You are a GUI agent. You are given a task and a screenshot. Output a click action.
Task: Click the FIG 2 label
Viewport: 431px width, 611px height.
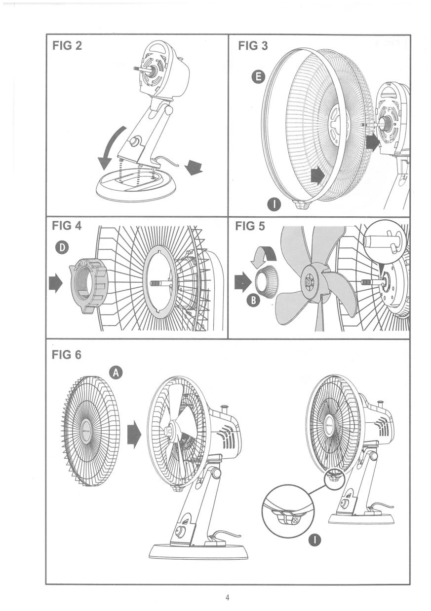click(x=67, y=46)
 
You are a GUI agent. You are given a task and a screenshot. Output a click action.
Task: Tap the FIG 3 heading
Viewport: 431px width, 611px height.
click(x=253, y=46)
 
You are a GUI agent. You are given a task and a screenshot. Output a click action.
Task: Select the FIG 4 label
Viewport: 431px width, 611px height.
click(x=67, y=226)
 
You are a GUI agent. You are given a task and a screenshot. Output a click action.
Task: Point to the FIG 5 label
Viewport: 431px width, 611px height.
click(x=250, y=226)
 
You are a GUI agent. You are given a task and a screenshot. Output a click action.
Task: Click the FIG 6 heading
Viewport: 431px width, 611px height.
click(x=67, y=354)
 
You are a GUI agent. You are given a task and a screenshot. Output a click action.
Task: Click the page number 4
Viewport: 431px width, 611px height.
click(x=227, y=598)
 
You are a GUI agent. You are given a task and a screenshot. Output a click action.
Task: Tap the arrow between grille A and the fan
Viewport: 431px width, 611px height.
click(x=134, y=435)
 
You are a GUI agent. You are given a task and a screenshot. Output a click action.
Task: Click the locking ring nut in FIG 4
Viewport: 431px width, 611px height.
click(x=89, y=285)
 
